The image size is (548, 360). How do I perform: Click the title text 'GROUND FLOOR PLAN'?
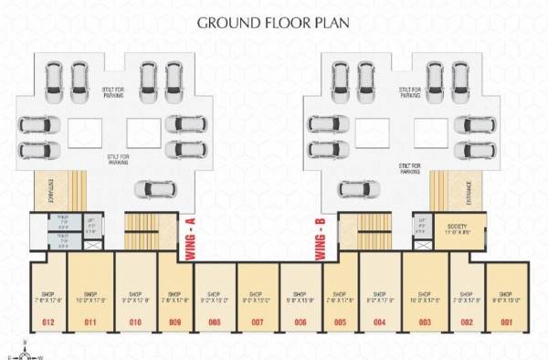coord(274,25)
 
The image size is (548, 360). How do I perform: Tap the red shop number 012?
coord(48,323)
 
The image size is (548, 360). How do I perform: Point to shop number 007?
coord(257,323)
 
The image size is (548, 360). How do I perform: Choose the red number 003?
coord(424,323)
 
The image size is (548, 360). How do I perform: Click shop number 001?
coord(504,323)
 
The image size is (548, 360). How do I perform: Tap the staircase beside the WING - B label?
coord(358,234)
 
